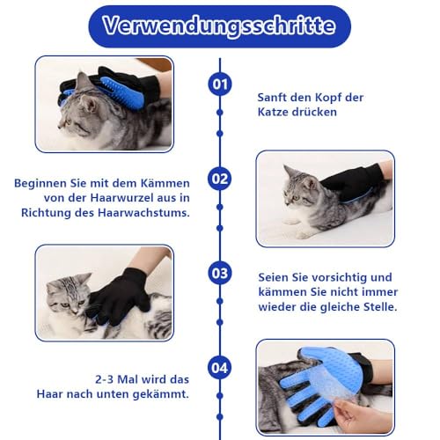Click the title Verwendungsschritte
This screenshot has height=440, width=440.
[x=220, y=26]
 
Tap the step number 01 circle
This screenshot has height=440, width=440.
[x=220, y=84]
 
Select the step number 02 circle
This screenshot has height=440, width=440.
[x=220, y=179]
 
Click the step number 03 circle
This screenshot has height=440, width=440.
[x=220, y=273]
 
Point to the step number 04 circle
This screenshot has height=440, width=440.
[x=220, y=366]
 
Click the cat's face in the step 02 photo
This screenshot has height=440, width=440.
[x=297, y=189]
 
